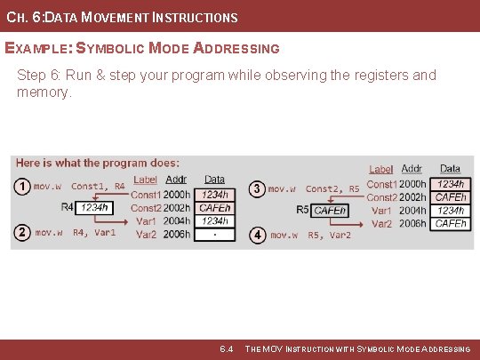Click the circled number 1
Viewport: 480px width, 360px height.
point(22,186)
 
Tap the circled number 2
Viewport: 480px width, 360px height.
point(22,233)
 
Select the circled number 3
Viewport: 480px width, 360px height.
point(257,188)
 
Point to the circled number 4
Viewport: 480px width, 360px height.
point(257,235)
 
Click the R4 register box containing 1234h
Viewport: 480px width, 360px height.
point(94,207)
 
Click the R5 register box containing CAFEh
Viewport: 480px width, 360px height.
point(330,211)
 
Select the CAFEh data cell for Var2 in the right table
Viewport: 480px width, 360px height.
point(451,224)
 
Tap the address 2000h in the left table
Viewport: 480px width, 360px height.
point(177,194)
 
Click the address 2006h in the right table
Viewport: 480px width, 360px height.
point(413,224)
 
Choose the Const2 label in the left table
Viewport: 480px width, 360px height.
point(146,207)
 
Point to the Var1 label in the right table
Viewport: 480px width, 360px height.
point(381,211)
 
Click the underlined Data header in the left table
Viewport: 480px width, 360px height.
point(214,180)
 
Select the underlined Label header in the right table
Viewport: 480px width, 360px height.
point(380,169)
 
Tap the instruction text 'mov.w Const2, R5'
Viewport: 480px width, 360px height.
point(313,188)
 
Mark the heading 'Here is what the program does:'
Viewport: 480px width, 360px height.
point(97,163)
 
